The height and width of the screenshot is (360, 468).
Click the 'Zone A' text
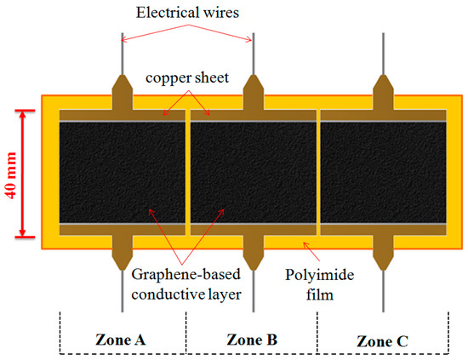pos(121,340)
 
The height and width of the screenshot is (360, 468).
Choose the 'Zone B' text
pos(252,340)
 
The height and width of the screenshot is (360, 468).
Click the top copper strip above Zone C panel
pos(383,115)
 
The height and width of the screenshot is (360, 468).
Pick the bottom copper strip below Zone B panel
pos(252,229)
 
